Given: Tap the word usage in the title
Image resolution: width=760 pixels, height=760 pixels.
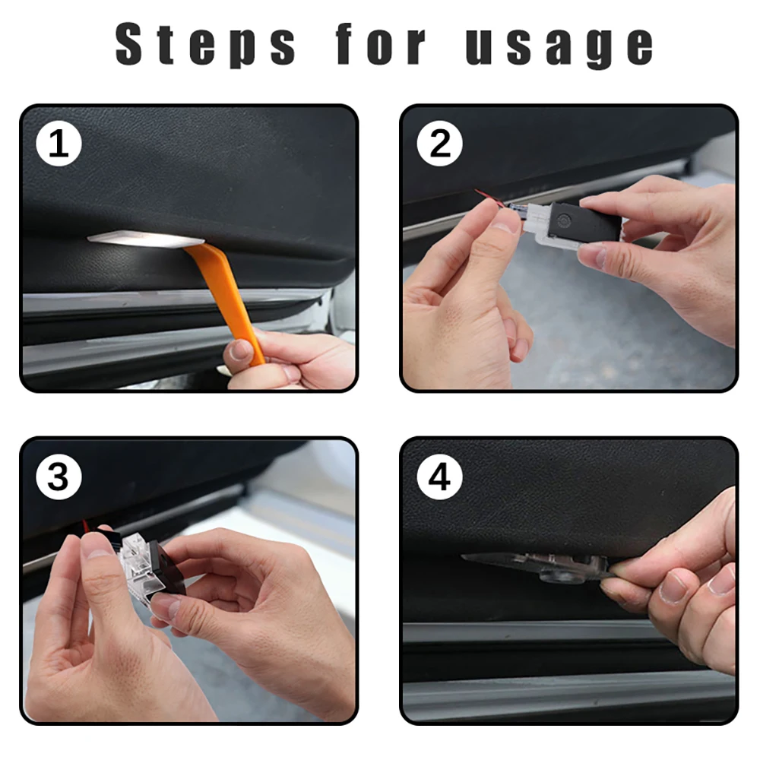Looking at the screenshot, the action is click(x=559, y=46).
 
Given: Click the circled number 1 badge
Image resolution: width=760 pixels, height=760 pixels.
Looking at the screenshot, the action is click(x=59, y=144).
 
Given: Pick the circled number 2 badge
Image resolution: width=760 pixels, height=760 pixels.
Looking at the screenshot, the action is click(x=439, y=144).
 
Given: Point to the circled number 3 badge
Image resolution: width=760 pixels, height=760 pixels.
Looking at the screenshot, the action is click(x=59, y=477).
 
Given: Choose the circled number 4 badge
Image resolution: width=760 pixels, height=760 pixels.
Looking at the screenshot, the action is click(x=439, y=477).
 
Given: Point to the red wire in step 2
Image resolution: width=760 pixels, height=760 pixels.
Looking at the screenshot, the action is click(x=490, y=198).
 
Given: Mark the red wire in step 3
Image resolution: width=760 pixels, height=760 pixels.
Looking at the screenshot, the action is click(x=86, y=527).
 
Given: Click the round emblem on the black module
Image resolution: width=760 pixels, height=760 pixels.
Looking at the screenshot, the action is click(x=564, y=220).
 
